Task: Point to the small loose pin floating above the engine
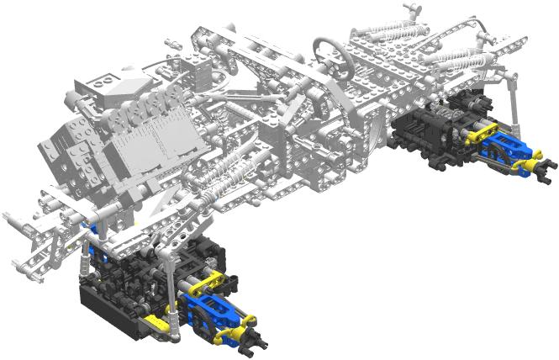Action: click(x=171, y=40)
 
